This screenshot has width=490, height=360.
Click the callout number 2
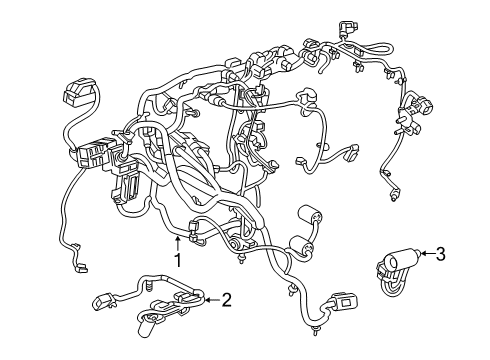226,298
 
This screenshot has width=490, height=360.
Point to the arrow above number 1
179,240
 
